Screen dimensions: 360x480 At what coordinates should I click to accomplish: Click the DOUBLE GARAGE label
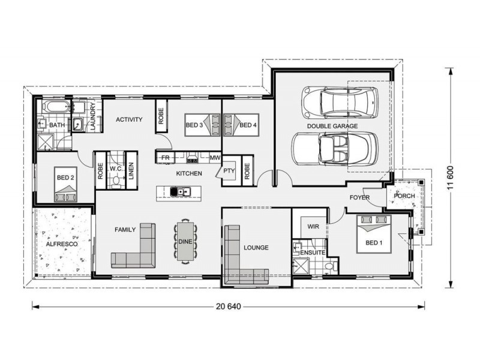(x=332, y=127)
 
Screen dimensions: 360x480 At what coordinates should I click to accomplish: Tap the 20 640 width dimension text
(x=228, y=307)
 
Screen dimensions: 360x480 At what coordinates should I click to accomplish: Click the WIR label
(x=313, y=227)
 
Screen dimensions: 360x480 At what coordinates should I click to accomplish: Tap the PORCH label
(x=404, y=196)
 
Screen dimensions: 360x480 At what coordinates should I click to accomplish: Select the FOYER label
(x=360, y=197)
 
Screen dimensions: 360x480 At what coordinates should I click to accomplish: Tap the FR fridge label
(x=166, y=158)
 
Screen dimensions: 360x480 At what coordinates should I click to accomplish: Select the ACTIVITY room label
(x=129, y=119)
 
